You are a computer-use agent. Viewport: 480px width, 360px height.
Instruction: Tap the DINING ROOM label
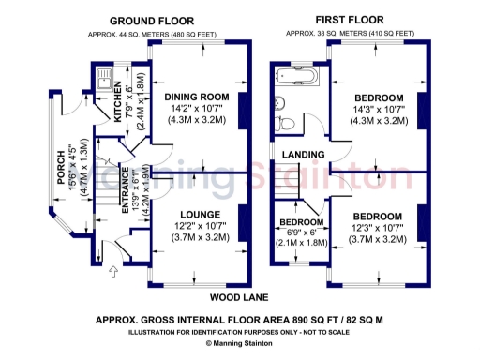(197, 97)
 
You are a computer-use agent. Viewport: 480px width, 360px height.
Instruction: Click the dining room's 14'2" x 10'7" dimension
(197, 109)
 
